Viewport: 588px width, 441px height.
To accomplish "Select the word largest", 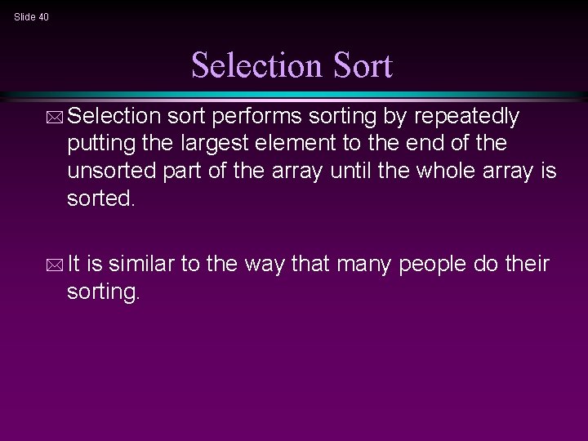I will (x=220, y=145).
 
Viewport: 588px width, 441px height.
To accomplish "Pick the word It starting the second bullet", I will (x=78, y=265).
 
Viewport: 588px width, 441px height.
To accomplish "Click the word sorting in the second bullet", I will (x=104, y=291).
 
